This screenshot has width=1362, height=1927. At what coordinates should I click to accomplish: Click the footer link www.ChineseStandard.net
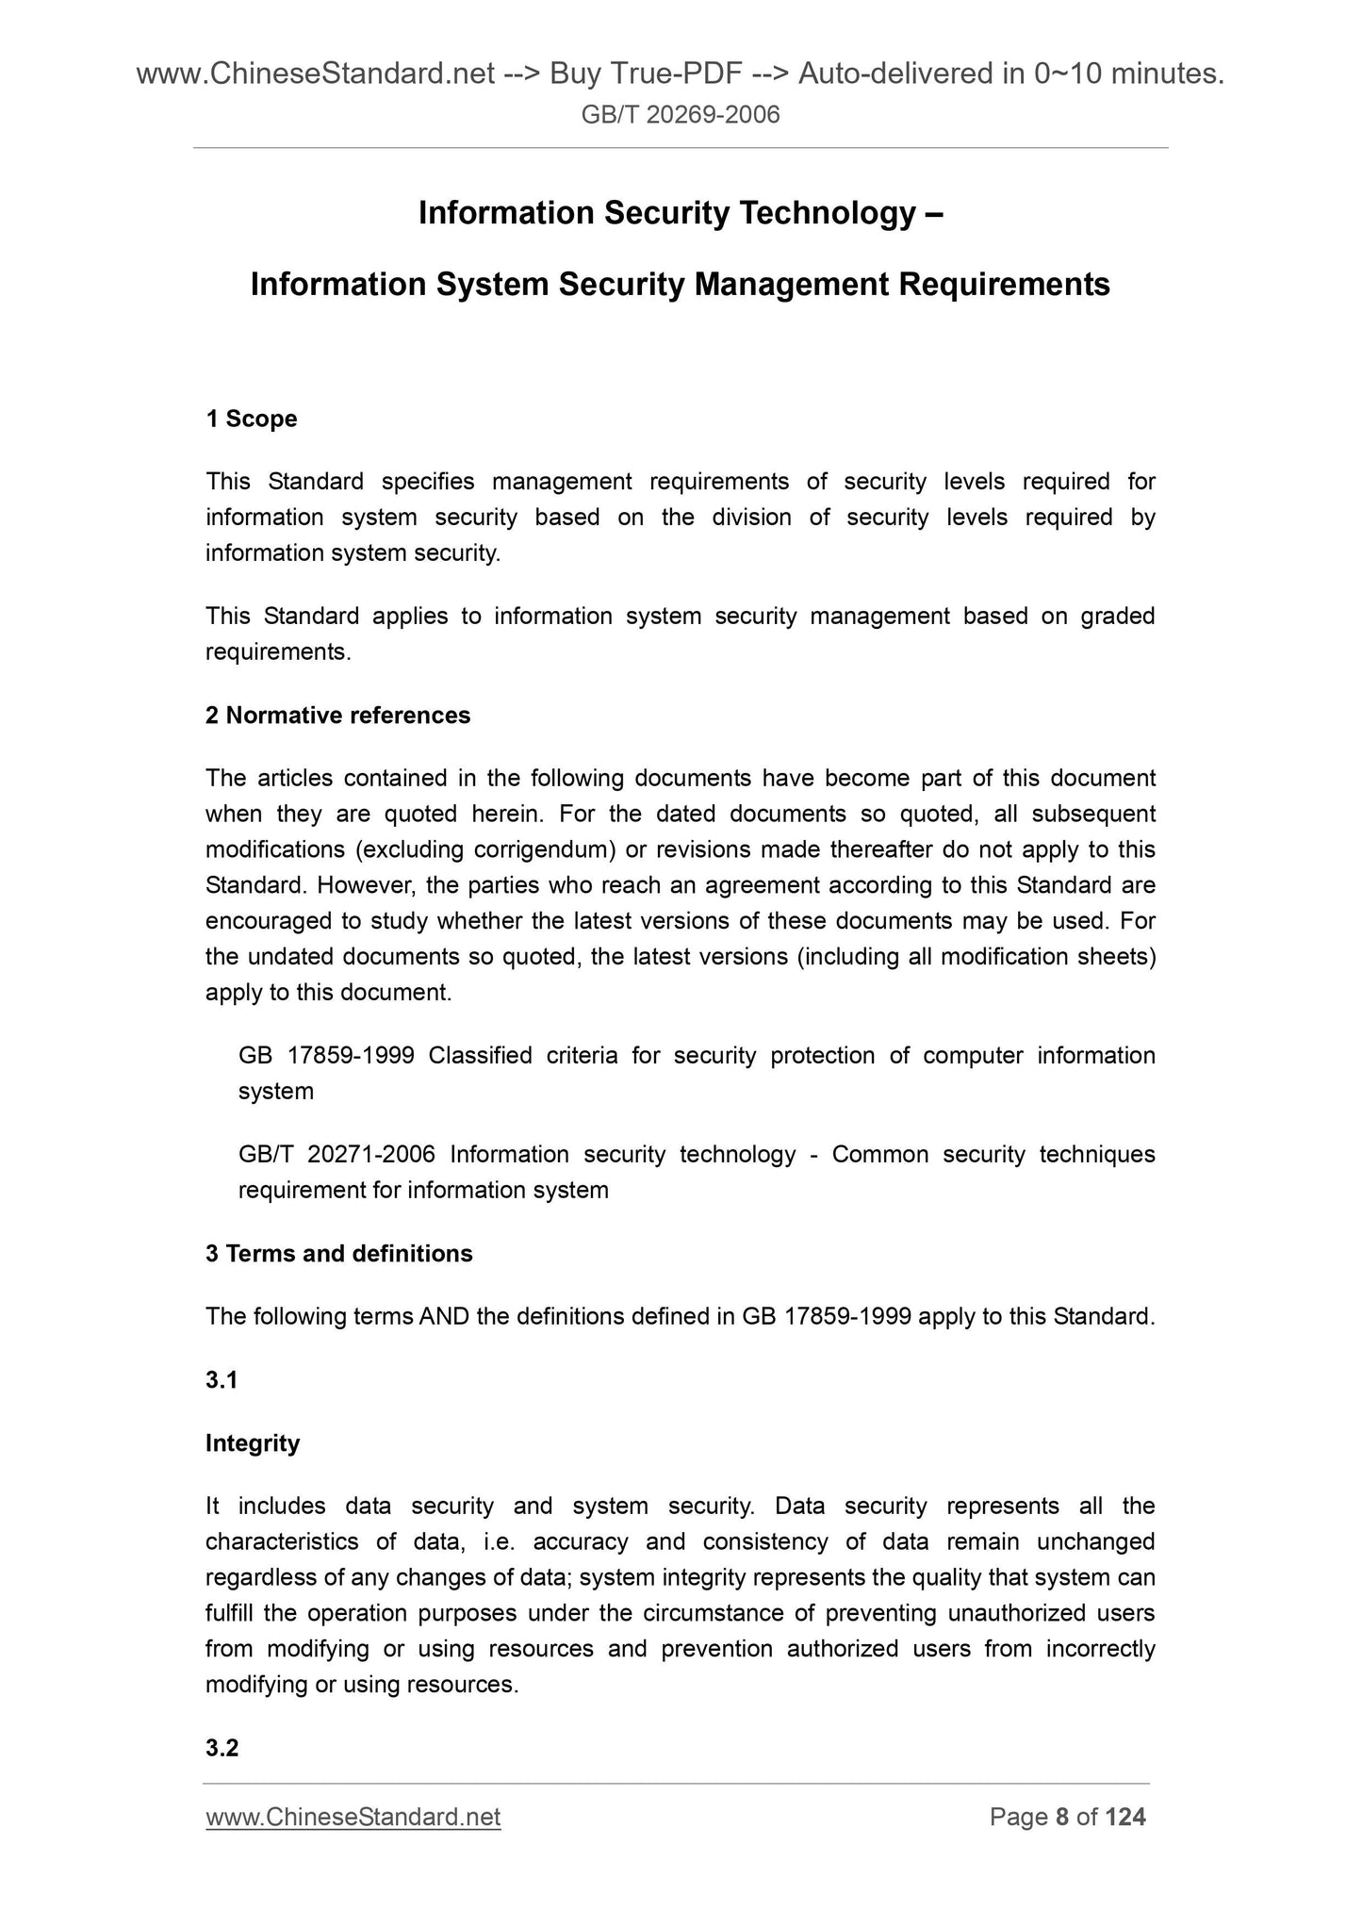[353, 1817]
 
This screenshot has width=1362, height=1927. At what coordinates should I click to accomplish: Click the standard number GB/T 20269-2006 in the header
[681, 115]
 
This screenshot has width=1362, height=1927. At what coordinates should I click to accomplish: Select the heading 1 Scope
[251, 419]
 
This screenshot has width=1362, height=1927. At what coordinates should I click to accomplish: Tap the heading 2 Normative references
[337, 716]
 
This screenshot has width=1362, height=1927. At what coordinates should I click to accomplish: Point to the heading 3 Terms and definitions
[338, 1253]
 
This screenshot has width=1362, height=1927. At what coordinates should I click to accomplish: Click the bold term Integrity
[253, 1442]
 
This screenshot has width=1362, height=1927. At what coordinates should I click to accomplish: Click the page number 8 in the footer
[1061, 1817]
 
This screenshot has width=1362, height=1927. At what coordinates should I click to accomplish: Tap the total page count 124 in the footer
[1126, 1817]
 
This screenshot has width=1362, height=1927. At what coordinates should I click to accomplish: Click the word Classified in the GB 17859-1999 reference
[480, 1055]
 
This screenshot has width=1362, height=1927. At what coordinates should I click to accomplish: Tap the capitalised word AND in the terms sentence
[445, 1316]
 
